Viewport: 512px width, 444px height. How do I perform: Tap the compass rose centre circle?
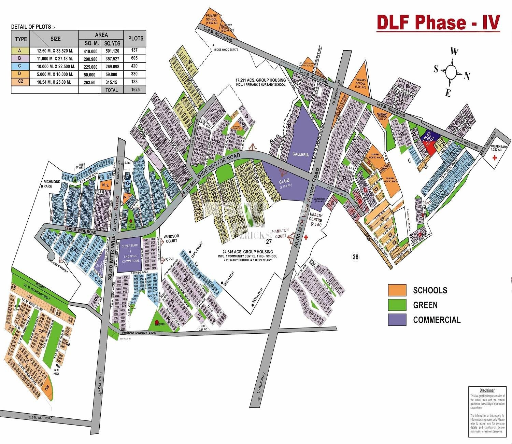pos(451,72)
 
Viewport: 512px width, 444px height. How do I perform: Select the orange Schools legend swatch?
pos(397,290)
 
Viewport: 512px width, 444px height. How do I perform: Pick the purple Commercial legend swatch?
pos(397,320)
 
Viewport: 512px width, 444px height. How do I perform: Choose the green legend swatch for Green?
pos(397,305)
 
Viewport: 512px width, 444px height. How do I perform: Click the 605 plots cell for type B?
pos(135,58)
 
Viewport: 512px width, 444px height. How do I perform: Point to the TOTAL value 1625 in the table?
pos(135,90)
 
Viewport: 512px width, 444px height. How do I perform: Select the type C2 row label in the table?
pos(21,82)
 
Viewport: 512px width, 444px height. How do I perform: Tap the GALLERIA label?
pos(300,154)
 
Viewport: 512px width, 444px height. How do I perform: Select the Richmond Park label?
pos(52,184)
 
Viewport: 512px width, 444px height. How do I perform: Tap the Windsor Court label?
pos(171,238)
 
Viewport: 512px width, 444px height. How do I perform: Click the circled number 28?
pos(355,257)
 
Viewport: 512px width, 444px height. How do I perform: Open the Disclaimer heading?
pos(487,390)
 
